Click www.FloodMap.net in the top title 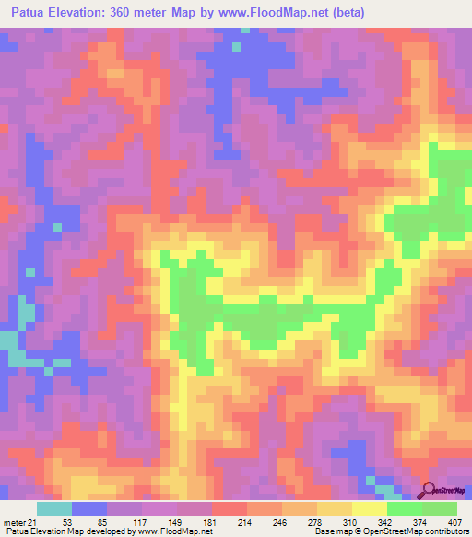click(276, 12)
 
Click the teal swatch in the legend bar click(54, 508)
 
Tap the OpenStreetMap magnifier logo click(429, 490)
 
